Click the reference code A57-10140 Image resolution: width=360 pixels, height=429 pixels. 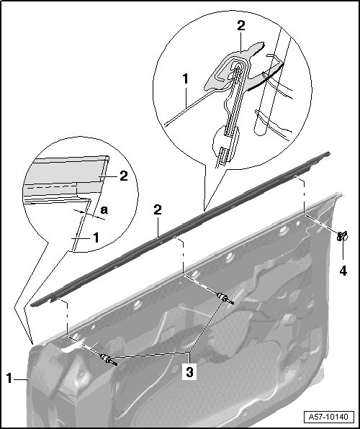pyautogui.click(x=328, y=417)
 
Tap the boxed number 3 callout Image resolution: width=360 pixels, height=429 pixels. pyautogui.click(x=189, y=372)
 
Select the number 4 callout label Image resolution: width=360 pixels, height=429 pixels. pyautogui.click(x=343, y=271)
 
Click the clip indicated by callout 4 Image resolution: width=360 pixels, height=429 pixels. pyautogui.click(x=342, y=236)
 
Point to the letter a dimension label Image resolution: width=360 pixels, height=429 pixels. pyautogui.click(x=104, y=210)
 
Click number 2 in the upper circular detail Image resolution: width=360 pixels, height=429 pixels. pyautogui.click(x=241, y=26)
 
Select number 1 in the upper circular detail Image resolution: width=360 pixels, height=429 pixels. pyautogui.click(x=186, y=78)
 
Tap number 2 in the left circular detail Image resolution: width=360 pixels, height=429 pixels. pyautogui.click(x=124, y=176)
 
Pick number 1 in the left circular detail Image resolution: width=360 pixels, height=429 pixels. pyautogui.click(x=96, y=238)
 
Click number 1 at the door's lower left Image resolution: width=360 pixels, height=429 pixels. pyautogui.click(x=9, y=379)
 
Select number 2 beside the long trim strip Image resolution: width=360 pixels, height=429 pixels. pyautogui.click(x=158, y=210)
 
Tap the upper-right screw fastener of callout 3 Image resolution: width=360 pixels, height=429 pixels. pyautogui.click(x=225, y=299)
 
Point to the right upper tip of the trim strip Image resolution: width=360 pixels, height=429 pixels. pyautogui.click(x=328, y=154)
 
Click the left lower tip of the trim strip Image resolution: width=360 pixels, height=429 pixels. pyautogui.click(x=32, y=304)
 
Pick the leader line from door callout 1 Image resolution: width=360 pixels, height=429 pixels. pyautogui.click(x=21, y=379)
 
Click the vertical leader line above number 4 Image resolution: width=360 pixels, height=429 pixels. pyautogui.click(x=343, y=251)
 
